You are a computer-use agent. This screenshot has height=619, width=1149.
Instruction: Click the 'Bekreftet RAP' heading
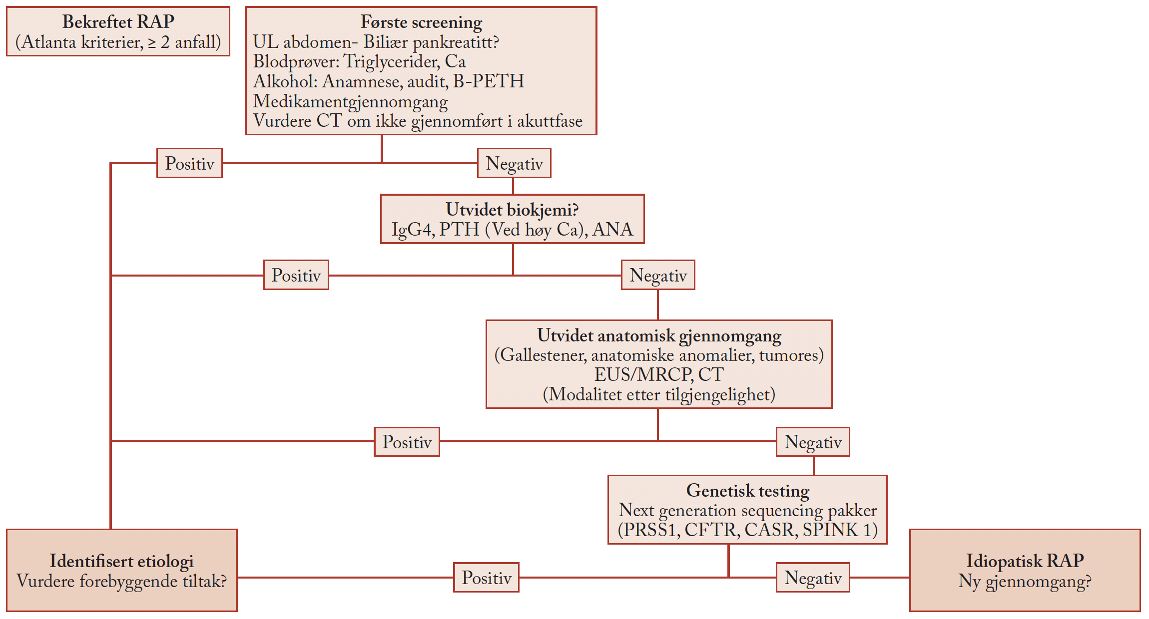pos(118,22)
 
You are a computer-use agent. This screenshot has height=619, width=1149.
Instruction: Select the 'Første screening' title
pos(421,22)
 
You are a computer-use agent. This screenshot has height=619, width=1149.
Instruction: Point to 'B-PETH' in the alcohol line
pos(489,81)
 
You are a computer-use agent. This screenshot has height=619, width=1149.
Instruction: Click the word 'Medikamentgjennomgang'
pos(350,101)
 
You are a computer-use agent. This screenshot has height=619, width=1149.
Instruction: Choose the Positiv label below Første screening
pos(189,163)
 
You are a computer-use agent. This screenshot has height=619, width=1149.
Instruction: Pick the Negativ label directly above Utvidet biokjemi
pos(514,163)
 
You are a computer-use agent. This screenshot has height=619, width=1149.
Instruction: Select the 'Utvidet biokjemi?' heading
pos(512,210)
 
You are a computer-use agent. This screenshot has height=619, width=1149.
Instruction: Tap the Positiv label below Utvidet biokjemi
pos(296,275)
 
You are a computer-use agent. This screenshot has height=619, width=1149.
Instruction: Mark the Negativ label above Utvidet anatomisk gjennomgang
pos(658,275)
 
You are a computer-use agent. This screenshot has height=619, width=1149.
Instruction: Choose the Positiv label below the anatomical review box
pos(407,442)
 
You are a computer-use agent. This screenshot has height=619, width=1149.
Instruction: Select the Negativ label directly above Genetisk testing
pos(813,442)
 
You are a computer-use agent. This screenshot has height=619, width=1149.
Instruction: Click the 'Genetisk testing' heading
pos(747,491)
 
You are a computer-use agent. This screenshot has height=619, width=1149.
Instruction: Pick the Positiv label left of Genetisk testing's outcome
pos(486,578)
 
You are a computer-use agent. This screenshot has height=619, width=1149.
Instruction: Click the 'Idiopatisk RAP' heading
pos(1025,561)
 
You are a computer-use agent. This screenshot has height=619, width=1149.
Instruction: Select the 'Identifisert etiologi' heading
pos(121,561)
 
